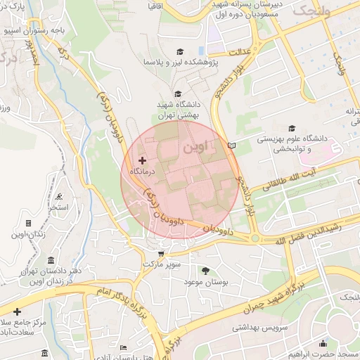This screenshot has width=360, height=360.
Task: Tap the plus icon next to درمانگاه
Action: pos(143,161)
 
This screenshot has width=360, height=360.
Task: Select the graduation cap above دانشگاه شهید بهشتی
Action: pos(177,94)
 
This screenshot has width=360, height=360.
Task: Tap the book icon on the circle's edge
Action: pos(233,146)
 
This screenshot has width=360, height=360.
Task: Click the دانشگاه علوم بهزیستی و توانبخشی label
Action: pos(288,144)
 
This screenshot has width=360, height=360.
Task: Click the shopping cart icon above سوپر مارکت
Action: pos(162,254)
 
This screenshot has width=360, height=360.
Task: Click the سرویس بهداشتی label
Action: pos(241,327)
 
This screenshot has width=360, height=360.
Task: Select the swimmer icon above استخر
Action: pos(58,197)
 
